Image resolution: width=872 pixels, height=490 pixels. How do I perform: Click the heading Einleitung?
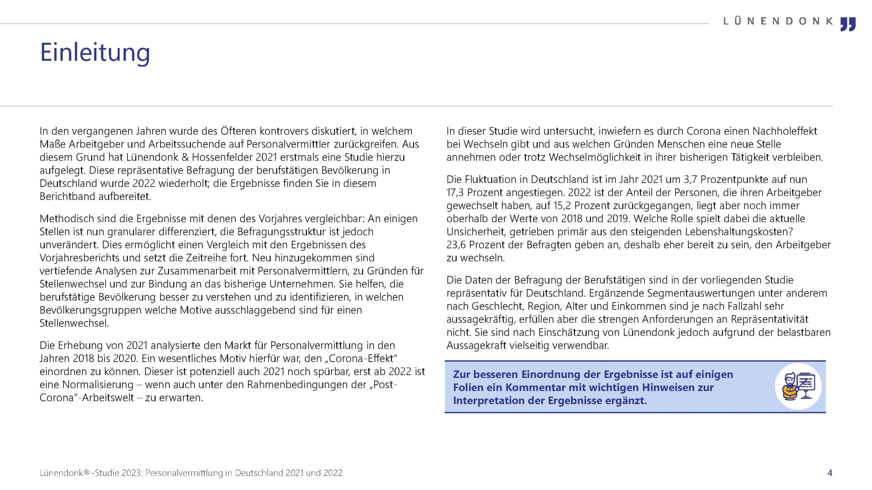coord(95,53)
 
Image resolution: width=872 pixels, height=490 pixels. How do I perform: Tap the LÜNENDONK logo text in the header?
coord(778,21)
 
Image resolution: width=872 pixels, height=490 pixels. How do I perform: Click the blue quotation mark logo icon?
coord(848,24)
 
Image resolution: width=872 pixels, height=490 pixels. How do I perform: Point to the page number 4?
coord(830,473)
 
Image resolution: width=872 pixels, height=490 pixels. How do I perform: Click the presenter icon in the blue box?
coord(798,386)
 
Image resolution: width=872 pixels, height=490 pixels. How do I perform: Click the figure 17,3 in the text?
coord(455,193)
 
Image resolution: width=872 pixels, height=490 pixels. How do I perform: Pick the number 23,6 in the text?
coord(456,245)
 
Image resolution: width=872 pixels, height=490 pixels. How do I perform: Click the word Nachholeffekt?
coord(784,131)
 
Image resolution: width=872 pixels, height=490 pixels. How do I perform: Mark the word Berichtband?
coord(67,196)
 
